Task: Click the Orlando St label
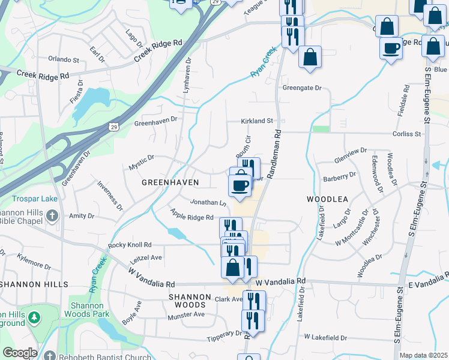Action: pyautogui.click(x=64, y=60)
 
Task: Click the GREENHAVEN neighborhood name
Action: pyautogui.click(x=170, y=181)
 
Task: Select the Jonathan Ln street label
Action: pyautogui.click(x=208, y=203)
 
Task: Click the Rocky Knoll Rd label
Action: pyautogui.click(x=130, y=245)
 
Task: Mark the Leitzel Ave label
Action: pyautogui.click(x=146, y=257)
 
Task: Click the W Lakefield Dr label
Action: pyautogui.click(x=325, y=338)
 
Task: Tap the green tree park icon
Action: pyautogui.click(x=35, y=317)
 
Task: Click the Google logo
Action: pyautogui.click(x=19, y=353)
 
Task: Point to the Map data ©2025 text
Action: pyautogui.click(x=423, y=355)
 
